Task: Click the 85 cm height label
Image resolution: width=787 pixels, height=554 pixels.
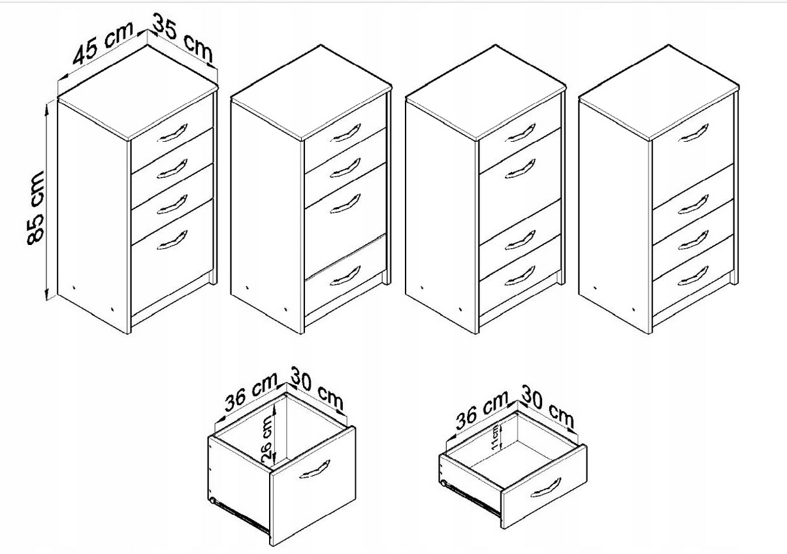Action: click(x=36, y=208)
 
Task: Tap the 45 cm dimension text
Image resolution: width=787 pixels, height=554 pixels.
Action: click(x=103, y=43)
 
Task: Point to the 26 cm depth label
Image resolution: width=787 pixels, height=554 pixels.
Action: click(x=266, y=442)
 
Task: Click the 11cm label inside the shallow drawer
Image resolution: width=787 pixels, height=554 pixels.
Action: click(x=494, y=438)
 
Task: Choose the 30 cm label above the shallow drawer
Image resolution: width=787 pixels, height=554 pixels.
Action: click(x=547, y=406)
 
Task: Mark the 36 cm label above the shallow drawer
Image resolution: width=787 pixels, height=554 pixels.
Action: click(x=482, y=410)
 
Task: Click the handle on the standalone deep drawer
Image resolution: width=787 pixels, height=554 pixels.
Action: click(x=314, y=470)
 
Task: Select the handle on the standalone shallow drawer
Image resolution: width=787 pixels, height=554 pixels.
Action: click(x=545, y=488)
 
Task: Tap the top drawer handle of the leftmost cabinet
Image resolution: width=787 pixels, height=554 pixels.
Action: click(x=172, y=133)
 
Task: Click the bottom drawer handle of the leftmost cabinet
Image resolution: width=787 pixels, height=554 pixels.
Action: click(x=172, y=240)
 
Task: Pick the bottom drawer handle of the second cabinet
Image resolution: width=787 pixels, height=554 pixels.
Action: click(x=345, y=276)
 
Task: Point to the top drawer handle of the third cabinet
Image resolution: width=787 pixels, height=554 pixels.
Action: click(x=520, y=133)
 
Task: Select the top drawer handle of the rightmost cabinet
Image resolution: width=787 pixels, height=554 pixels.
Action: click(x=693, y=133)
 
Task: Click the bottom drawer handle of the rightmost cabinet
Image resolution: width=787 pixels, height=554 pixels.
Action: click(x=693, y=276)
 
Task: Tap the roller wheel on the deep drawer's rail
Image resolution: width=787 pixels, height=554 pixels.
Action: click(x=212, y=500)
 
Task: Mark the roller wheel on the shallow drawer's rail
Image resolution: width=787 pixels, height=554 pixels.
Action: click(x=444, y=484)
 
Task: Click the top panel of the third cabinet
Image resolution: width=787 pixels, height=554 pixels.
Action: click(x=485, y=93)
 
